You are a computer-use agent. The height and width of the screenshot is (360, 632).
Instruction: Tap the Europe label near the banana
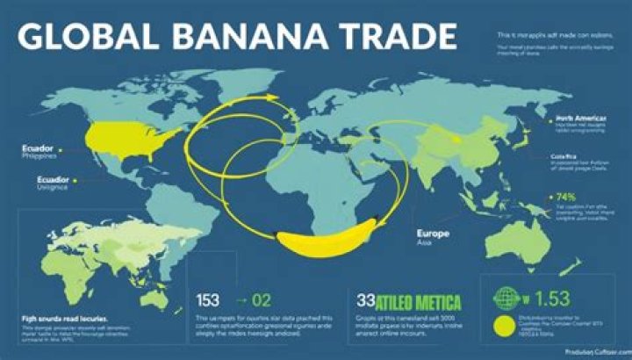432,235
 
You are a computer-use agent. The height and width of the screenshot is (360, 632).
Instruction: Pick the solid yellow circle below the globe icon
504,328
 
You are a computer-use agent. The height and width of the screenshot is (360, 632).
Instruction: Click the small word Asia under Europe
425,248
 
